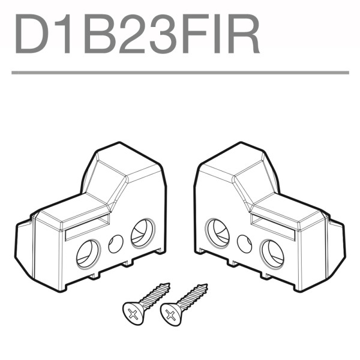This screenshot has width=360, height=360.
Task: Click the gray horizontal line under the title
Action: coord(180,73)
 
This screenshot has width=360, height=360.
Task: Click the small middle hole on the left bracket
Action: coord(116,243)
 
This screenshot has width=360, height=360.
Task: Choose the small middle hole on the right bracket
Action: coord(244,243)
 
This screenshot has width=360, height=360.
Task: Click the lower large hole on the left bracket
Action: coord(88,253)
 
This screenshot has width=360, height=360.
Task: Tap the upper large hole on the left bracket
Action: coord(142,232)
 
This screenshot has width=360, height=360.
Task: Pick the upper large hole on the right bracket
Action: coord(217,232)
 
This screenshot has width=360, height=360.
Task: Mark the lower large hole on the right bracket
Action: coord(272,253)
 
